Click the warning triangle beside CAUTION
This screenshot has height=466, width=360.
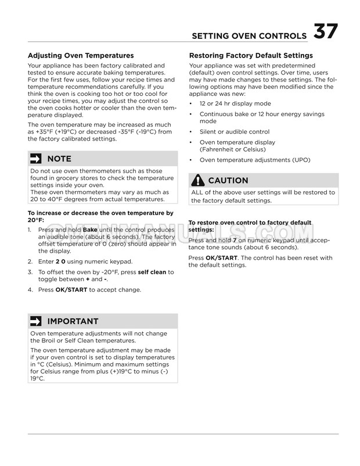click(x=197, y=180)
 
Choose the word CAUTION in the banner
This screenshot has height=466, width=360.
click(x=228, y=180)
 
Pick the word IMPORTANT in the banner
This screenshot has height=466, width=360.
click(x=73, y=321)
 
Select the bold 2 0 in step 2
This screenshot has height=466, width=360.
click(x=60, y=261)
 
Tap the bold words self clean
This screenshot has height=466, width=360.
click(x=152, y=272)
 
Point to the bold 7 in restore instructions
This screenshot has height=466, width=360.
click(x=235, y=240)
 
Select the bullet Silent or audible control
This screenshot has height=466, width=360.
click(x=235, y=132)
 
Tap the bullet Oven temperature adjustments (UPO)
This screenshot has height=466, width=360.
click(x=255, y=160)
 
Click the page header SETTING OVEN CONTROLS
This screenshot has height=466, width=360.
click(x=250, y=37)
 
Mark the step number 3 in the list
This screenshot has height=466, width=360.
click(x=30, y=272)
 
